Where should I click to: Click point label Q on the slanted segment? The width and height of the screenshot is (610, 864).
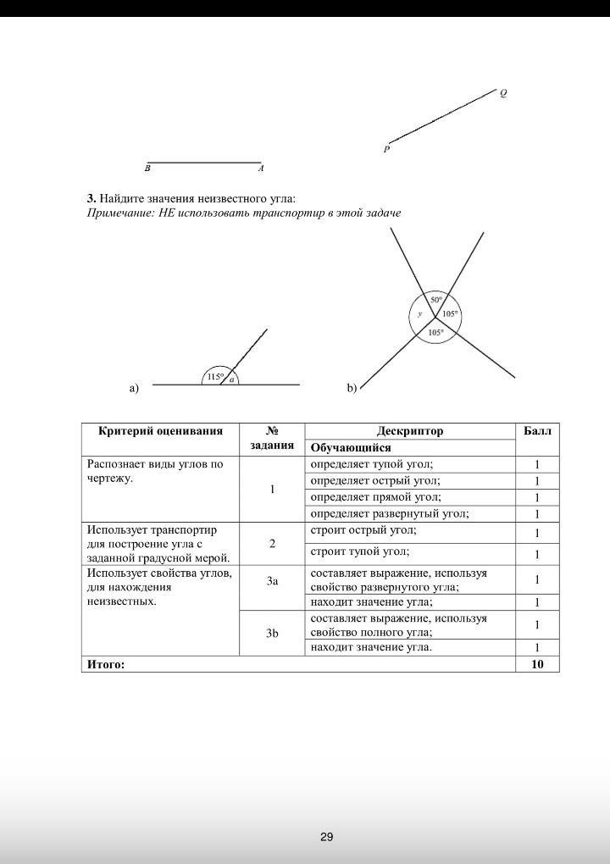[x=503, y=94]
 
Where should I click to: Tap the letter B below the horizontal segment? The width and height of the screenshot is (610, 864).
[x=148, y=169]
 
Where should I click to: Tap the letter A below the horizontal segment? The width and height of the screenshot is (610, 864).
[x=261, y=169]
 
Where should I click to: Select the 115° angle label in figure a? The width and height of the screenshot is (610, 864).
[x=215, y=376]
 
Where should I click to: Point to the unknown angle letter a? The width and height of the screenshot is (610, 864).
[x=231, y=379]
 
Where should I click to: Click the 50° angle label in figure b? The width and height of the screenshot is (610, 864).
[x=435, y=300]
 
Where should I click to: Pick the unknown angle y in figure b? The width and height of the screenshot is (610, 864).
[x=419, y=314]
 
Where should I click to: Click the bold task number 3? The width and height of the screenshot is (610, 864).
[x=91, y=198]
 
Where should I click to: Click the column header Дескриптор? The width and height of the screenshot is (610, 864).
[x=410, y=431]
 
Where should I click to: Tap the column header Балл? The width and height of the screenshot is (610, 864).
[x=537, y=431]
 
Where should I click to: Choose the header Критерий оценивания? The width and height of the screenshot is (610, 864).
[x=161, y=431]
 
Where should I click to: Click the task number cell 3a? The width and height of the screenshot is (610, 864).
[x=272, y=581]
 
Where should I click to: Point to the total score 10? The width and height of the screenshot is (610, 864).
[x=537, y=664]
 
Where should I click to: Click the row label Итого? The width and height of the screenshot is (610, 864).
[x=106, y=664]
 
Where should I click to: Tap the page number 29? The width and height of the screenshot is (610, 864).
[x=327, y=837]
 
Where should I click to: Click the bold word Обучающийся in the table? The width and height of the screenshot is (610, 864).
[x=351, y=447]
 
